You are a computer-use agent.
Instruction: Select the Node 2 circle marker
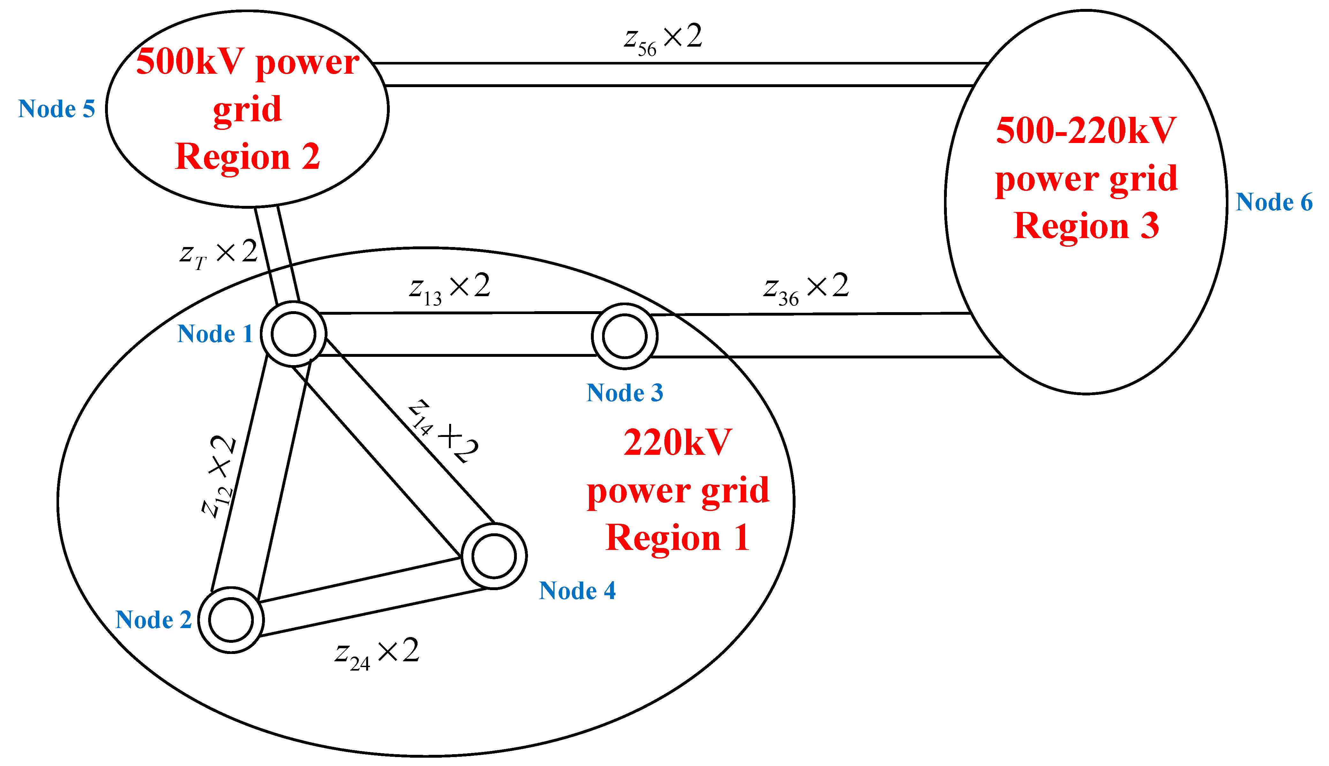point(231,620)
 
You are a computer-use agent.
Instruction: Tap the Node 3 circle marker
point(624,336)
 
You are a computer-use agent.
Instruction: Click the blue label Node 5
point(56,109)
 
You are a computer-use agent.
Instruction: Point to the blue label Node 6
point(1274,202)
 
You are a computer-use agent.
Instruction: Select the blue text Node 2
point(153,620)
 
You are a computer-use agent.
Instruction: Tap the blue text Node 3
point(624,393)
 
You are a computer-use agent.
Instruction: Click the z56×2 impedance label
point(663,40)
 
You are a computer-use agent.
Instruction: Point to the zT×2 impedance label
point(218,254)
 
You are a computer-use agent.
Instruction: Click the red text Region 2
point(247,156)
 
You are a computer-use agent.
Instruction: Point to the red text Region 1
point(678,538)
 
